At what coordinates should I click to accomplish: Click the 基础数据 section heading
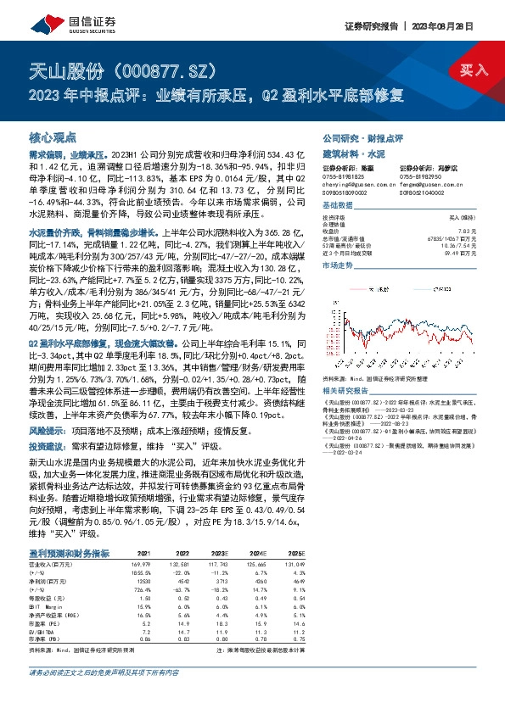tap(339, 206)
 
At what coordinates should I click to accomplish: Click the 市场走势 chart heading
tap(339, 265)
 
